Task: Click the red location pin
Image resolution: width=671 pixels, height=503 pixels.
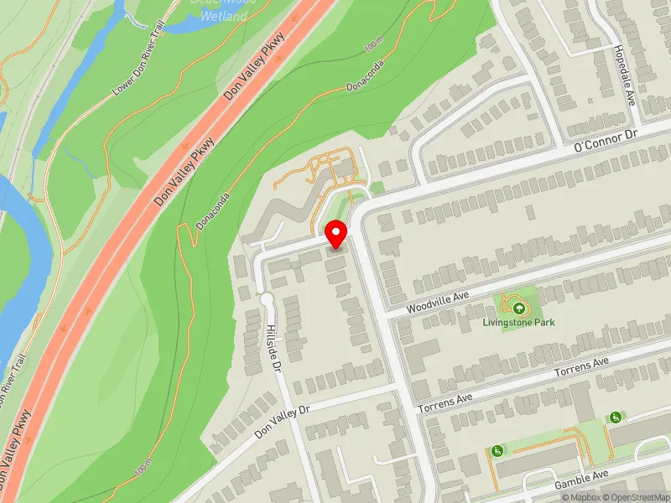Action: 336,233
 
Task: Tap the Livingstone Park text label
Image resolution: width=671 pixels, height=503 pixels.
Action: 518,322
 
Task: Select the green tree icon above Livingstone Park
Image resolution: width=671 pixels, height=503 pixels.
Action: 517,308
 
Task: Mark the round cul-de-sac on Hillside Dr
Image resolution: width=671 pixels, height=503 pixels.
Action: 267,298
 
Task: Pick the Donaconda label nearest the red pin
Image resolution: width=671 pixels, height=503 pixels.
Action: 214,214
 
